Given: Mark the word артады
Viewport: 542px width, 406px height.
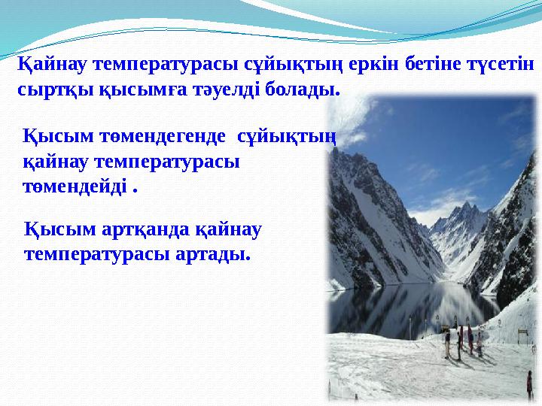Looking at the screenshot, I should click(x=212, y=254).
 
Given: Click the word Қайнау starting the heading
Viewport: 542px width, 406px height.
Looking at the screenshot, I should click(x=50, y=65).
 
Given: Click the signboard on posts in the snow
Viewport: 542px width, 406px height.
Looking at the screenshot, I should click(x=446, y=329).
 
